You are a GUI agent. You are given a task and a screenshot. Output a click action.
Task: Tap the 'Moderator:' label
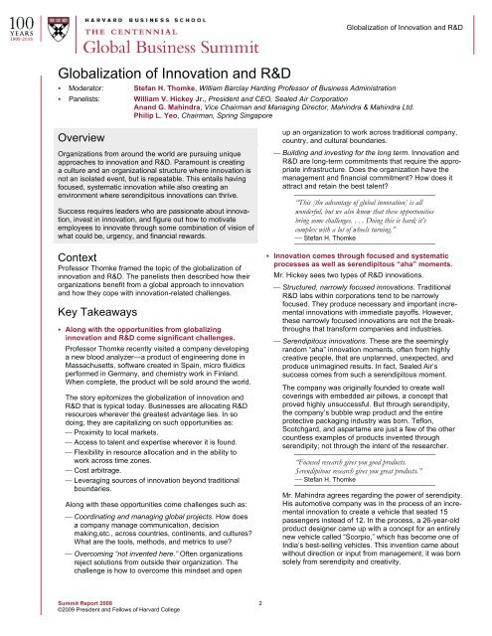point(88,89)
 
